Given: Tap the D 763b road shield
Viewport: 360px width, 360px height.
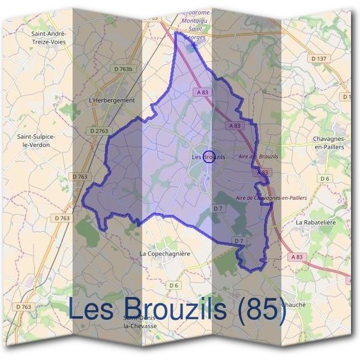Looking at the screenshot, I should (122, 69).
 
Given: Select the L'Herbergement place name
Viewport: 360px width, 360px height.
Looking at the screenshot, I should (112, 100).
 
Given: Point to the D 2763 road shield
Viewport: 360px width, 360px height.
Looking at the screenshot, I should (100, 130).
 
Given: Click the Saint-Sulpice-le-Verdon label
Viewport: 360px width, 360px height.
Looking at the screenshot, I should (37, 140).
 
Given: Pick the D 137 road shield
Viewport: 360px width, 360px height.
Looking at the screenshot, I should (320, 58).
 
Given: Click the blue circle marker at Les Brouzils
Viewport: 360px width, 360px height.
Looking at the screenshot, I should (209, 156).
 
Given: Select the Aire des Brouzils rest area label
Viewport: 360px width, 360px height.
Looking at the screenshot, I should (258, 156).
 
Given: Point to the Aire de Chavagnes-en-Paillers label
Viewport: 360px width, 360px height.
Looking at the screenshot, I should (271, 197).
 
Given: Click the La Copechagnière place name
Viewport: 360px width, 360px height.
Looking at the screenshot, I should (164, 254).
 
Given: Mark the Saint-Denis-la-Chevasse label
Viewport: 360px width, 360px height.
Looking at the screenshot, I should (140, 322).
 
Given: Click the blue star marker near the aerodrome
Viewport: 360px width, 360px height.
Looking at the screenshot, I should (194, 44).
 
